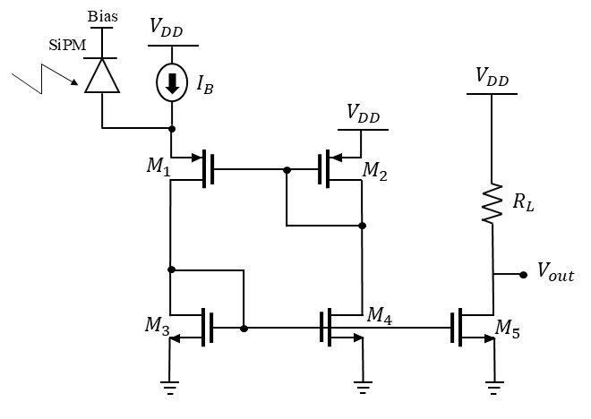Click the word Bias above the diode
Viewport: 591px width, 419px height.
(101, 17)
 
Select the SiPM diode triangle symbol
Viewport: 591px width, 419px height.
(101, 75)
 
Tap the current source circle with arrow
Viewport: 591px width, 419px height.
(171, 85)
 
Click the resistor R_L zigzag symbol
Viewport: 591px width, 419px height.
(492, 205)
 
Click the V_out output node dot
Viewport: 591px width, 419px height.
(522, 275)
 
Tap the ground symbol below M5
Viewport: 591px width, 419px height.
(492, 387)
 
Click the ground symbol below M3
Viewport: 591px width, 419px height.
(170, 387)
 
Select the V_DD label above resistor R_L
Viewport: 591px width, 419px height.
(492, 80)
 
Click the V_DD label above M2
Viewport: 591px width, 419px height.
(362, 113)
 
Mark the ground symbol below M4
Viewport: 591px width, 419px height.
(363, 387)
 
